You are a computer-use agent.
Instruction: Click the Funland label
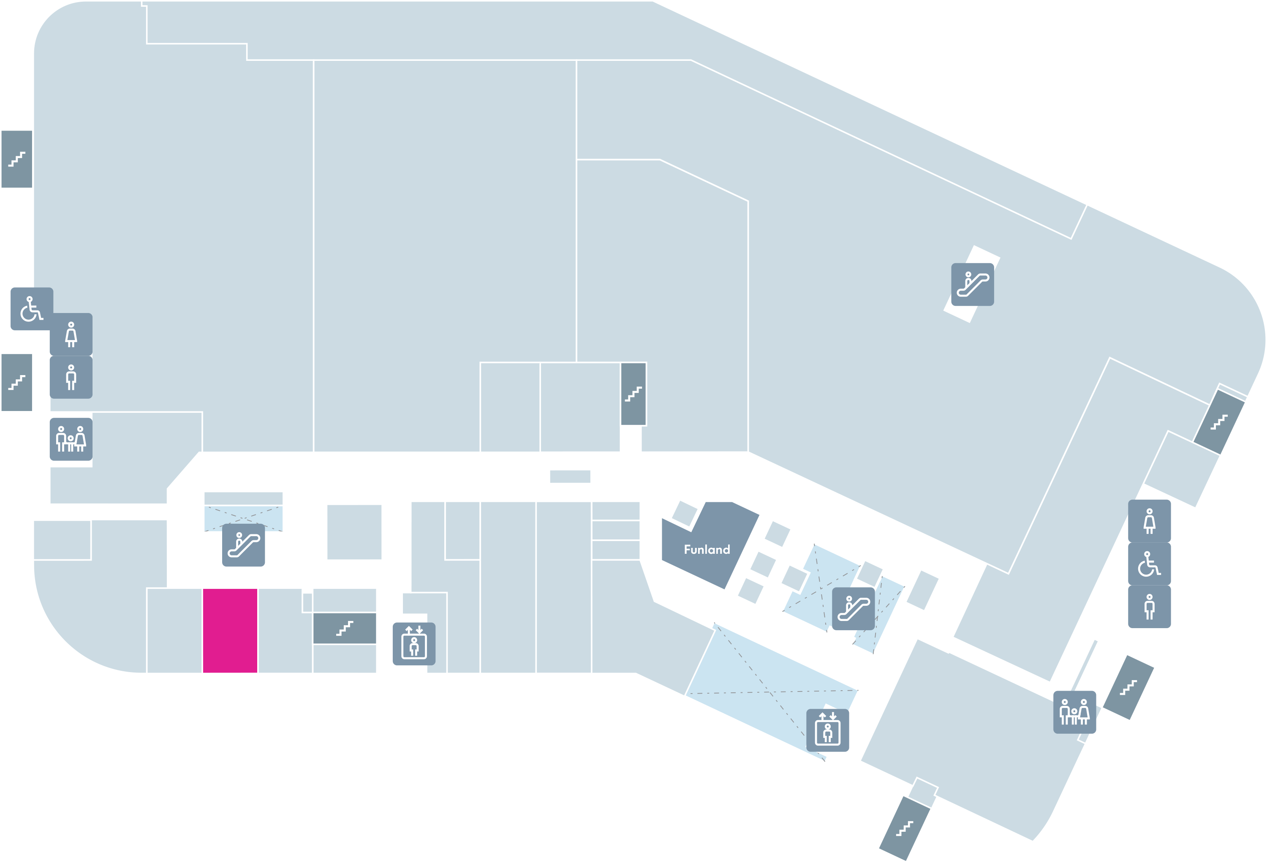(x=707, y=550)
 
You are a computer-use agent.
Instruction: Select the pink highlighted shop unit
(x=230, y=630)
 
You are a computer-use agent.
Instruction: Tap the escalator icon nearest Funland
(x=853, y=608)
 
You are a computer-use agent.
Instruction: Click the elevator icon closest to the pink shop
(x=414, y=644)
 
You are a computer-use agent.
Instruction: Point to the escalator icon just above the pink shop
(x=243, y=545)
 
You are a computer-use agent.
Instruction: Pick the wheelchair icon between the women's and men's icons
(x=1149, y=564)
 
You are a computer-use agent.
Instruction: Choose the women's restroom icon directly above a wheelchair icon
(x=1149, y=521)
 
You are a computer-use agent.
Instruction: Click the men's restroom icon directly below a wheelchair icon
(x=1149, y=607)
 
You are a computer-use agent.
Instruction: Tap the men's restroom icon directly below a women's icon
(x=71, y=377)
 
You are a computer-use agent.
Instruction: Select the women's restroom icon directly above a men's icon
(x=71, y=334)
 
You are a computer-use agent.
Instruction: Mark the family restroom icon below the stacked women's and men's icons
(x=71, y=439)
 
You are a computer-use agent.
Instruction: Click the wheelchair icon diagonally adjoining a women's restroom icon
(x=32, y=308)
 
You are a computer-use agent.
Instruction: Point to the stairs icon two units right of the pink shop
(x=345, y=628)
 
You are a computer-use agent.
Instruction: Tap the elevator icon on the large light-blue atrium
(x=828, y=730)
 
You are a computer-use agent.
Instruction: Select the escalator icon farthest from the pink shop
(x=973, y=285)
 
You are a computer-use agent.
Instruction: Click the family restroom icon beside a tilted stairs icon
(x=1074, y=712)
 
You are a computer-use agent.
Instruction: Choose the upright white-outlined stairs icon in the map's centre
(x=633, y=394)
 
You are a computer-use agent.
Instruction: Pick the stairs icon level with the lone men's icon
(x=16, y=382)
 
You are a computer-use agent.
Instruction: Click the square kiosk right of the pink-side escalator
(x=354, y=532)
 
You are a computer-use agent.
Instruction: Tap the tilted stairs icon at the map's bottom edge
(x=905, y=828)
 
